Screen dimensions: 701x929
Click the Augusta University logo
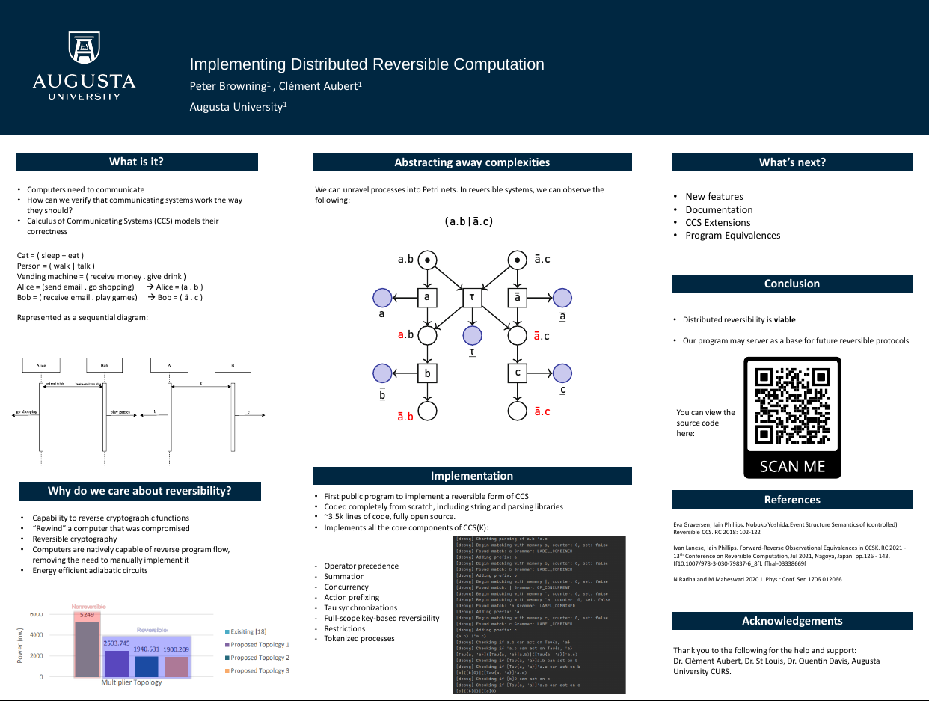pyautogui.click(x=84, y=66)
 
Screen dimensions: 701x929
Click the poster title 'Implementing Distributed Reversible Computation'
pyautogui.click(x=367, y=64)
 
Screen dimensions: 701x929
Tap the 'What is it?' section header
pyautogui.click(x=136, y=162)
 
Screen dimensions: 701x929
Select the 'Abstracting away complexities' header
pyautogui.click(x=472, y=162)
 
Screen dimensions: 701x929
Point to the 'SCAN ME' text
pyautogui.click(x=792, y=466)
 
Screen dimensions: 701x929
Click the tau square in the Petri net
pyautogui.click(x=471, y=297)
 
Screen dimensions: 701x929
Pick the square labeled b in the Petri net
pyautogui.click(x=427, y=373)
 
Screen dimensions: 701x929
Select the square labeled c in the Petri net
pyautogui.click(x=517, y=373)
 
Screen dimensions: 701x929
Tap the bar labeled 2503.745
pyautogui.click(x=117, y=663)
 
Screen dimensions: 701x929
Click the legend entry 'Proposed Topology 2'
pyautogui.click(x=260, y=658)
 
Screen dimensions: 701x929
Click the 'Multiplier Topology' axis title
pyautogui.click(x=132, y=683)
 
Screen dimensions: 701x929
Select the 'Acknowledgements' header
pyautogui.click(x=792, y=621)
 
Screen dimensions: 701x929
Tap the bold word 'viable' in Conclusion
pyautogui.click(x=785, y=320)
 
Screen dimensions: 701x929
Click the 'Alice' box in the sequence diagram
pyautogui.click(x=41, y=366)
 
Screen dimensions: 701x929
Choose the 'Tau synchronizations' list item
pyautogui.click(x=361, y=608)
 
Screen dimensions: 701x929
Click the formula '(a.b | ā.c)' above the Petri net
pyautogui.click(x=469, y=221)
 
